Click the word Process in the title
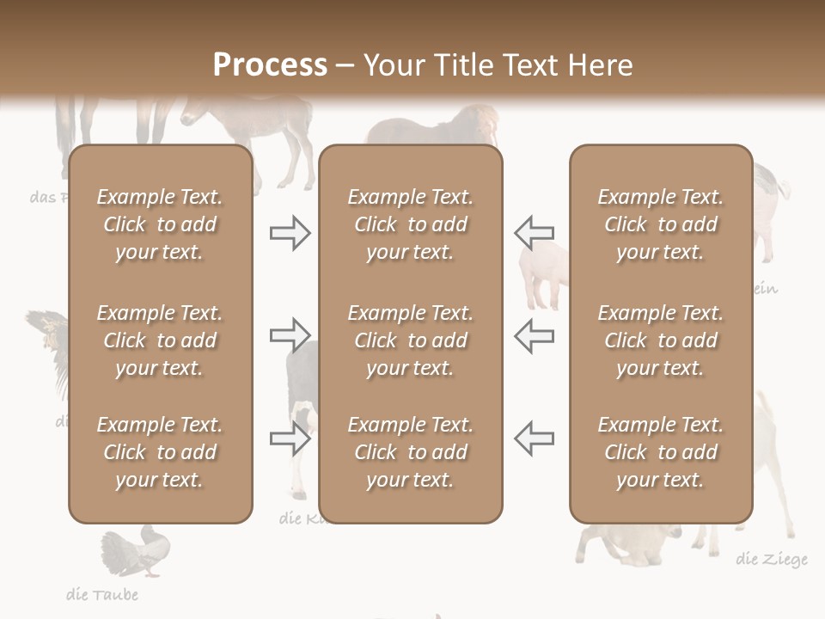click(x=270, y=65)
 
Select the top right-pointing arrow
click(x=290, y=233)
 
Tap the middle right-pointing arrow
click(x=290, y=335)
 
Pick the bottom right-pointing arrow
click(x=290, y=438)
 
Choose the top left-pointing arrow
click(x=535, y=233)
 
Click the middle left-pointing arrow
click(x=535, y=335)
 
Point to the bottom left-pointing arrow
click(x=535, y=438)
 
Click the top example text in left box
click(x=160, y=224)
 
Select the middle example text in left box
click(x=160, y=340)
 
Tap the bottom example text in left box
click(x=160, y=452)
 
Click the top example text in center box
click(x=410, y=224)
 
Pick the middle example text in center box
click(x=410, y=340)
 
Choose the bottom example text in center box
click(x=410, y=452)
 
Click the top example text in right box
click(x=660, y=224)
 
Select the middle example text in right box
click(x=660, y=340)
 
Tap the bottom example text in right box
click(x=660, y=452)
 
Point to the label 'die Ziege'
click(x=772, y=560)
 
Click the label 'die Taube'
click(x=102, y=594)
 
